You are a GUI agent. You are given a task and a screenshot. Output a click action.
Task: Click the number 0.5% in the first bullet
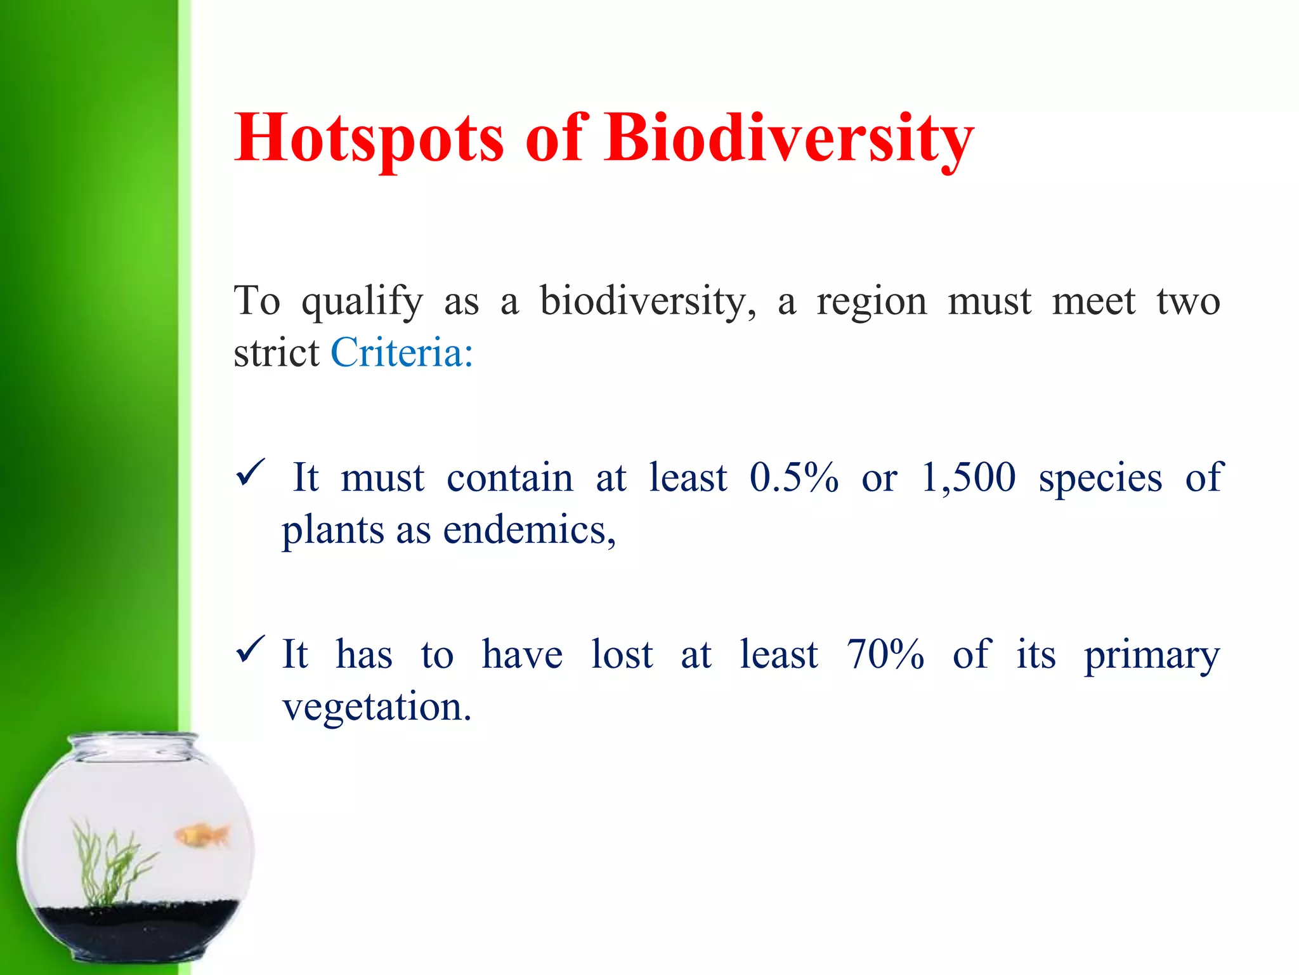coord(793,477)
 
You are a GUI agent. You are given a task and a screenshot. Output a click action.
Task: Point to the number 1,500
coord(968,477)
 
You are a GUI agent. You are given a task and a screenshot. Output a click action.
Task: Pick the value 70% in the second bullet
coord(885,654)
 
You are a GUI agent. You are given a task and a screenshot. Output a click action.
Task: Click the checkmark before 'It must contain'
coord(249,474)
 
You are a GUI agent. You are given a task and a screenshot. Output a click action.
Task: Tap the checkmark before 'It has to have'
coord(249,650)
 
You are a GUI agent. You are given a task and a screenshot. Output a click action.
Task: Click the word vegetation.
coord(377,707)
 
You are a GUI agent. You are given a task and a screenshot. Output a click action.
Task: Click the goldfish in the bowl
coord(202,835)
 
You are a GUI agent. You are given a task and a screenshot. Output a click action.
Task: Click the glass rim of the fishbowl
coord(133,741)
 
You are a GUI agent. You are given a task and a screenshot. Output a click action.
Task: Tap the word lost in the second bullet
coord(622,654)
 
